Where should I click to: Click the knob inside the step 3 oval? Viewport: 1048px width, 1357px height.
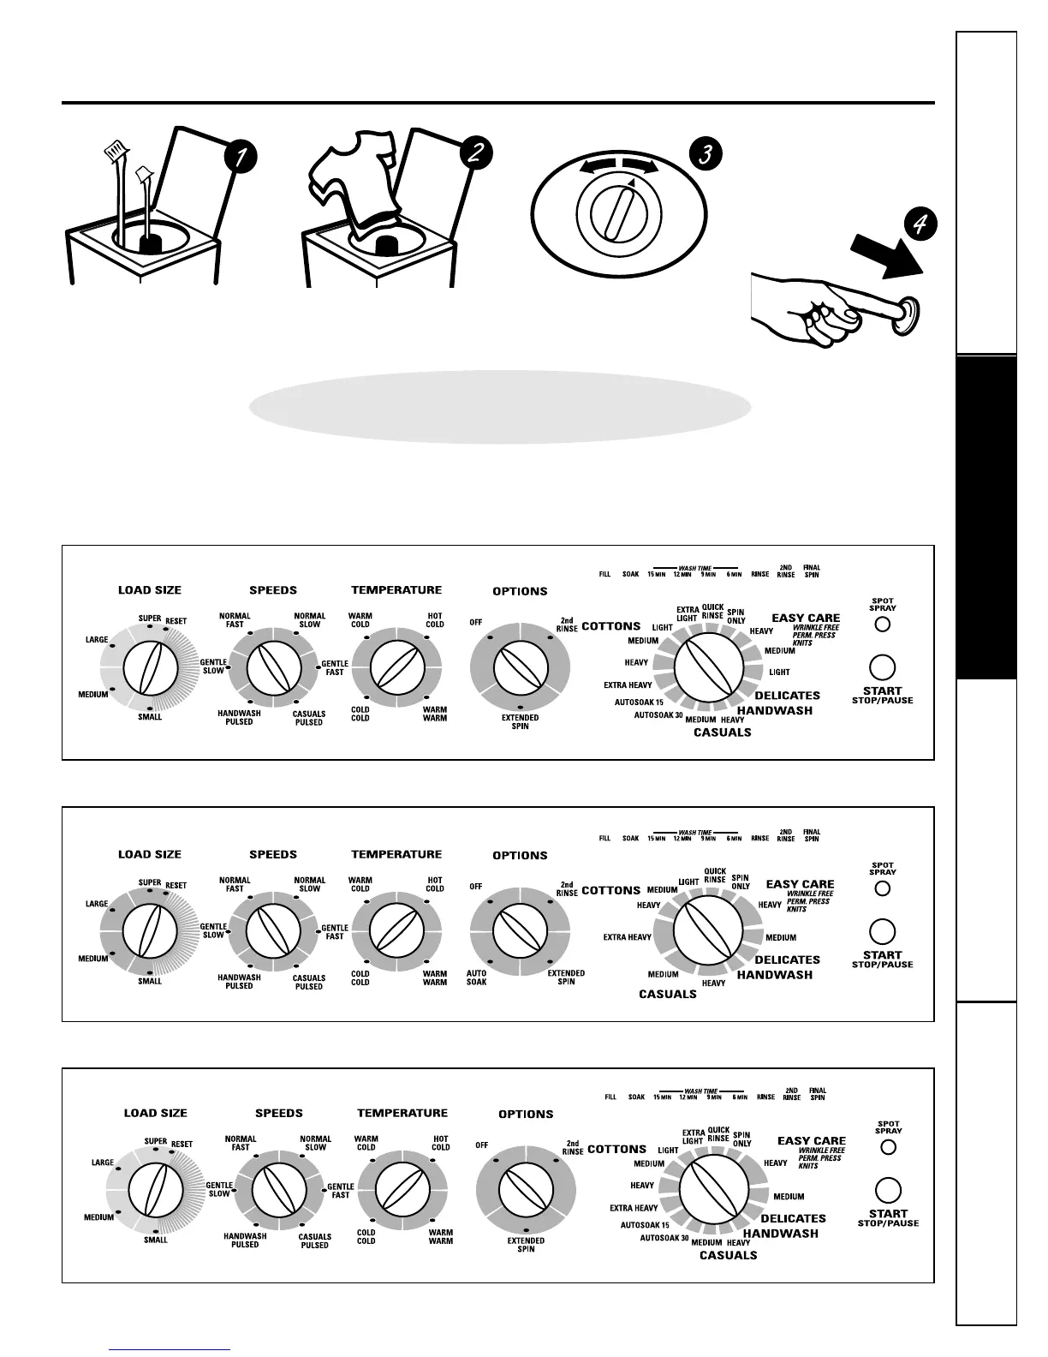click(617, 218)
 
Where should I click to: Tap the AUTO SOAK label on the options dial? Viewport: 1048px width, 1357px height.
click(476, 977)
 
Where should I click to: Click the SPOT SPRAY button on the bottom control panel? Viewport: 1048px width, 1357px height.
click(888, 1146)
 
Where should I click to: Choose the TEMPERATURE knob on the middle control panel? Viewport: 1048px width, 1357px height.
click(396, 930)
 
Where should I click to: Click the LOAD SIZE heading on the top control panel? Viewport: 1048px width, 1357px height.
click(150, 590)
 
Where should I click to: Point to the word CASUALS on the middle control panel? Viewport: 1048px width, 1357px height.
click(667, 995)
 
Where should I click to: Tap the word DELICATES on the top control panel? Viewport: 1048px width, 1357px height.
click(787, 696)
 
